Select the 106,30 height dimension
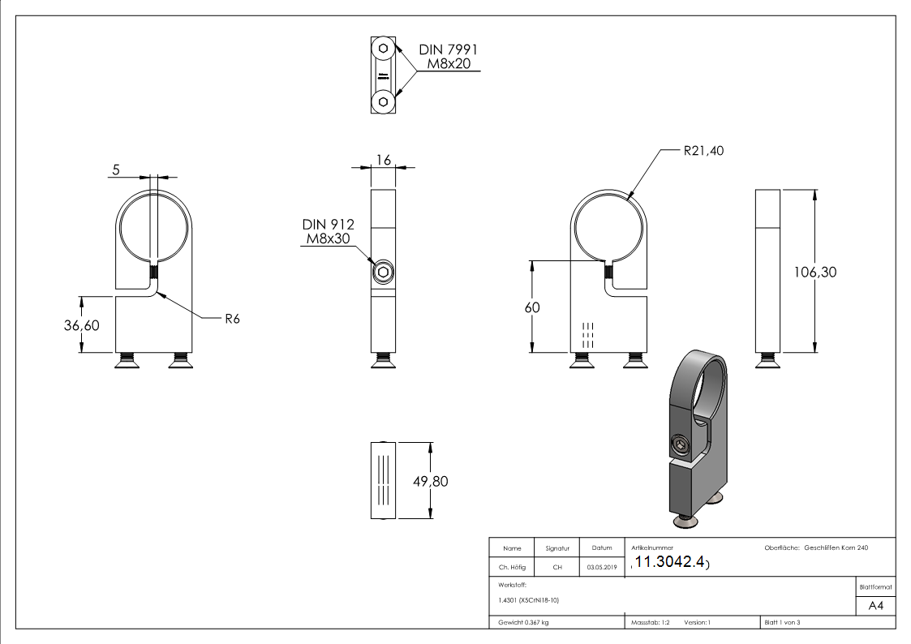click(x=814, y=272)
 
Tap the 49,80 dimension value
click(x=430, y=481)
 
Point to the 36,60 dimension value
click(x=81, y=324)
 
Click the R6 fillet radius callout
click(x=232, y=319)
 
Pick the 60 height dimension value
click(x=532, y=307)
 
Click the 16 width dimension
click(x=383, y=161)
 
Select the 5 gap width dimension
click(x=116, y=170)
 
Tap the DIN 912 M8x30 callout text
click(x=328, y=231)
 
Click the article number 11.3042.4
click(x=670, y=563)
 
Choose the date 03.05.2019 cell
click(x=601, y=568)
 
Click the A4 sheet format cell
click(x=875, y=606)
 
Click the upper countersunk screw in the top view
click(x=382, y=49)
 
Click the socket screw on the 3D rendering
click(x=679, y=444)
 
